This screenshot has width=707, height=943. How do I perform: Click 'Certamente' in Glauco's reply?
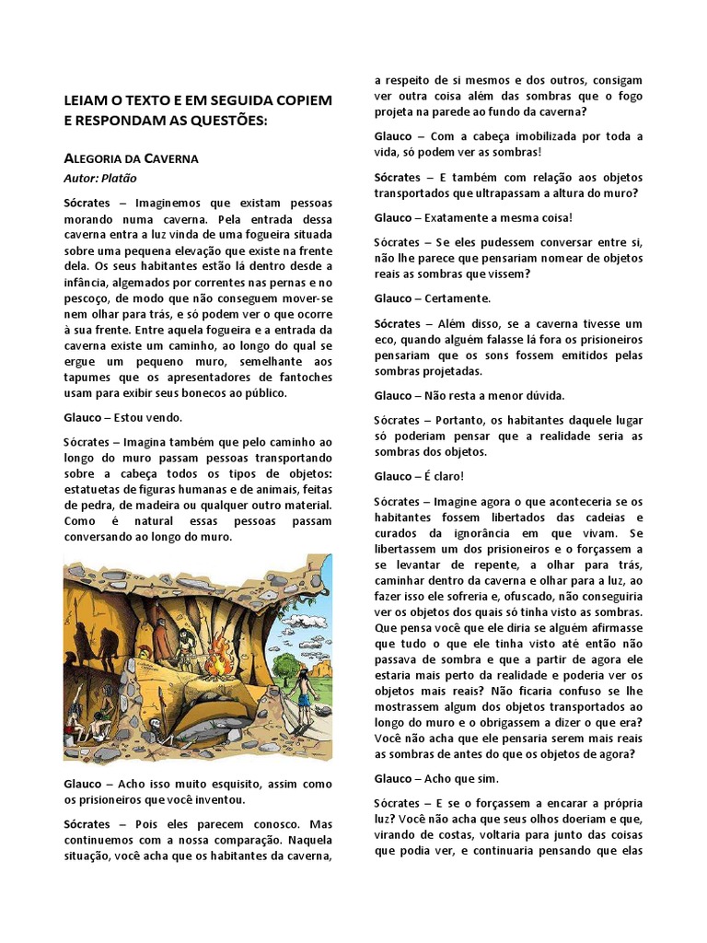tap(458, 298)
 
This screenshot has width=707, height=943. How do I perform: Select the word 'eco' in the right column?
tap(385, 340)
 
